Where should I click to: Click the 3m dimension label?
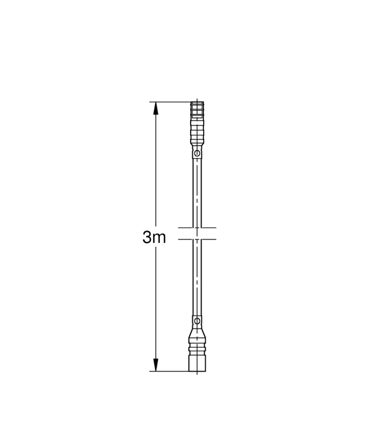[154, 238]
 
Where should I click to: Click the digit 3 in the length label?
[147, 238]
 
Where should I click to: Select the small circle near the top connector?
[197, 153]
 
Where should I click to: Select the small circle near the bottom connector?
[197, 320]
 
